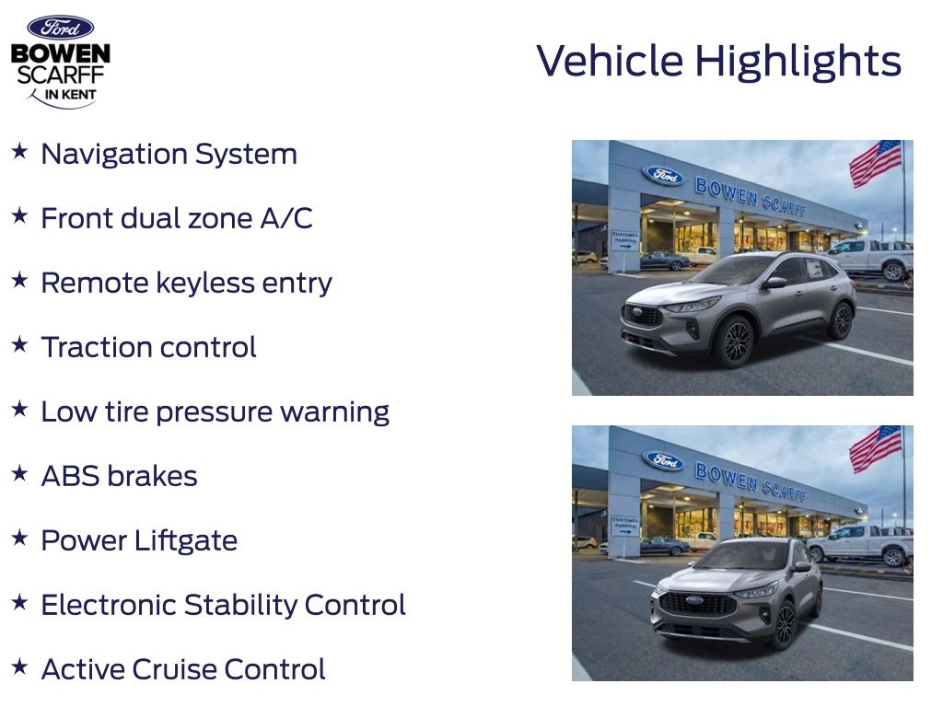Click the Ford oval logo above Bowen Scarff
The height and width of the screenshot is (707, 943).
(60, 28)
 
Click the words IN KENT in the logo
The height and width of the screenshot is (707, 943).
(70, 95)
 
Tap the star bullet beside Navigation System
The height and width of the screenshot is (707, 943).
(20, 151)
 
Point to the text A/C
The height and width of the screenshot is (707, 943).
(286, 217)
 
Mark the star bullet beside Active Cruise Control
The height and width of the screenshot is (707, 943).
(20, 666)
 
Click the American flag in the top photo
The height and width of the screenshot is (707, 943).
(876, 163)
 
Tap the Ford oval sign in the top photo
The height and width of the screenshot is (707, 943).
(663, 176)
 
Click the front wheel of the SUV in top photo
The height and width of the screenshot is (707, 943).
(734, 341)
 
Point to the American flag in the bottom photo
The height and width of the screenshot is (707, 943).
(876, 448)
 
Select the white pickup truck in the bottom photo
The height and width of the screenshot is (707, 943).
(860, 545)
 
